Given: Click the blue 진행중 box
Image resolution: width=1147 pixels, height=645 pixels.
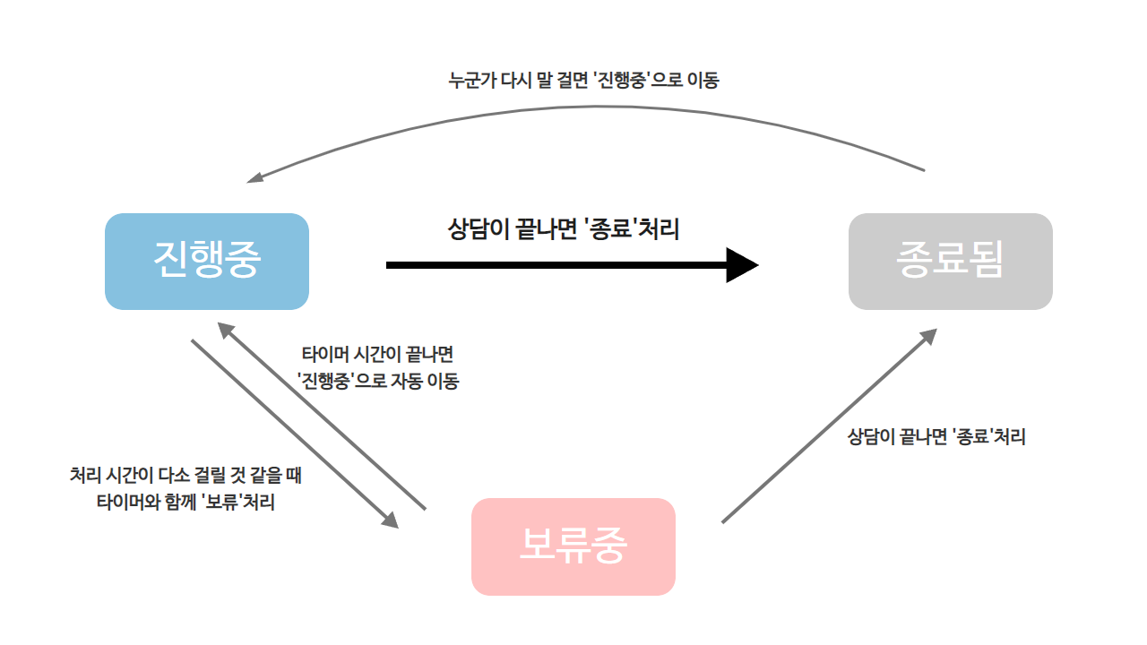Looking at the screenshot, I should coord(207,262).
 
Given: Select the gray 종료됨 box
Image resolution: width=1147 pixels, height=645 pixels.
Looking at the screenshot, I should coord(950,262).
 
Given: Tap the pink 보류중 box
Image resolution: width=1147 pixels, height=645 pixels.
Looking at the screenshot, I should coord(573,546).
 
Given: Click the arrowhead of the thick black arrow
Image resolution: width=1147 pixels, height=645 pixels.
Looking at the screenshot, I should coord(743,265).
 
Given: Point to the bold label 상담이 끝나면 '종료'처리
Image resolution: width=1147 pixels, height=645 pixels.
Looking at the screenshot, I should coord(563,229).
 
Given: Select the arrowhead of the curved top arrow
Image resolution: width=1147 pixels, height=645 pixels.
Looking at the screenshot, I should coord(255,177).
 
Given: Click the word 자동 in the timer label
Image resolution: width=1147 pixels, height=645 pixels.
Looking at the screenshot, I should coord(408,381).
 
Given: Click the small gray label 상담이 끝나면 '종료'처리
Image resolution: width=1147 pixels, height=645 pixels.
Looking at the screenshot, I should coord(936,437).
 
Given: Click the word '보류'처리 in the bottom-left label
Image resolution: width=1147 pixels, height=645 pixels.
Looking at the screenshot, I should coord(239,502).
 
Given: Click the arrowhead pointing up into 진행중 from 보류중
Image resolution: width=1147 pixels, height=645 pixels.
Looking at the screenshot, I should coord(226,331).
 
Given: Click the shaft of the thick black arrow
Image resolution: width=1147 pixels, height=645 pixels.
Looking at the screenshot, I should coord(556,265).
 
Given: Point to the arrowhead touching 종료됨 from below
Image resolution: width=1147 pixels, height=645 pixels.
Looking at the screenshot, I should coord(928,336).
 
